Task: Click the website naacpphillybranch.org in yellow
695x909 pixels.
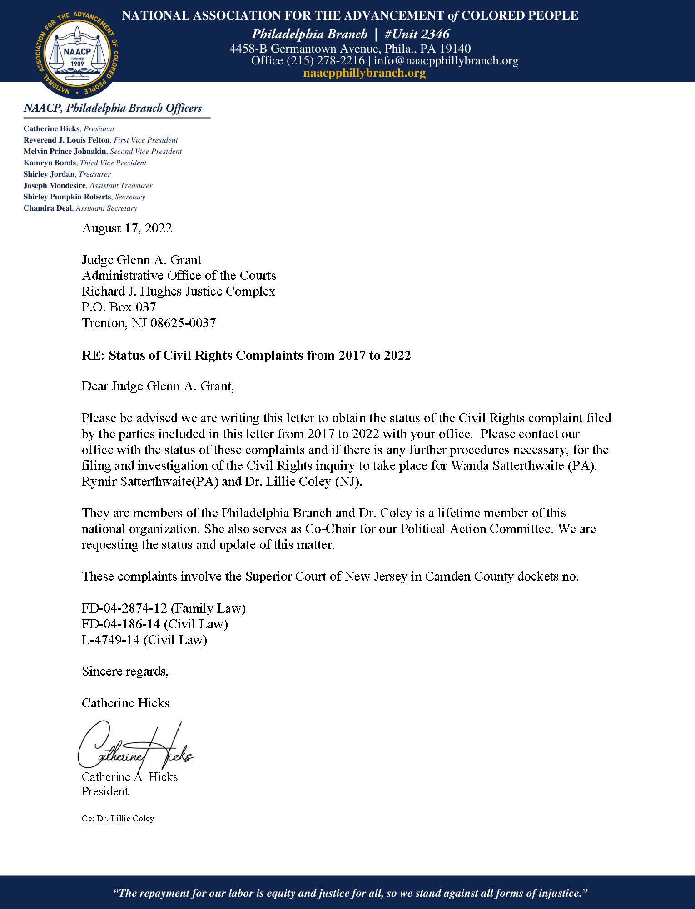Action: [x=364, y=73]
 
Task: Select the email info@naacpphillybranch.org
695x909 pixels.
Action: [x=446, y=60]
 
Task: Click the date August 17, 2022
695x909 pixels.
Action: [x=127, y=228]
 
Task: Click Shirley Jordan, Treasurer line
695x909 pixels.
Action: [x=67, y=174]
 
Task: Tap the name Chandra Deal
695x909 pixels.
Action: [x=48, y=208]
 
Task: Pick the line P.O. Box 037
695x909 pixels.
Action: [x=119, y=307]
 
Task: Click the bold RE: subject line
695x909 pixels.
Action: [x=246, y=355]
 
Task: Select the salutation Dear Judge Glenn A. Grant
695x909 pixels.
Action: [x=158, y=386]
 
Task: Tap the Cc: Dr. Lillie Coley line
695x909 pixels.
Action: [x=118, y=819]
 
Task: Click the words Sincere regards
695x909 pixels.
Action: [x=125, y=671]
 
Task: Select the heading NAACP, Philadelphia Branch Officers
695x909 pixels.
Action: [x=113, y=108]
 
